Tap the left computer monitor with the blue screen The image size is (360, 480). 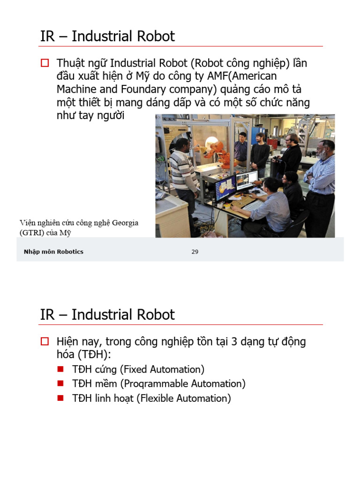click(225, 187)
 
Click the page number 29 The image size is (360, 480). click(195, 252)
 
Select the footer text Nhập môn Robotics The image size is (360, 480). click(53, 252)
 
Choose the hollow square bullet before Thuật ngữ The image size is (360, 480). click(45, 63)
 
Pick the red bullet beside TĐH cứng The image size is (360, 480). click(60, 369)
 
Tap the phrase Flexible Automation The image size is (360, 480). click(183, 398)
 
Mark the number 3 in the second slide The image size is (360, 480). click(234, 342)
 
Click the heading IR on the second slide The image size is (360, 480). click(48, 315)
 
